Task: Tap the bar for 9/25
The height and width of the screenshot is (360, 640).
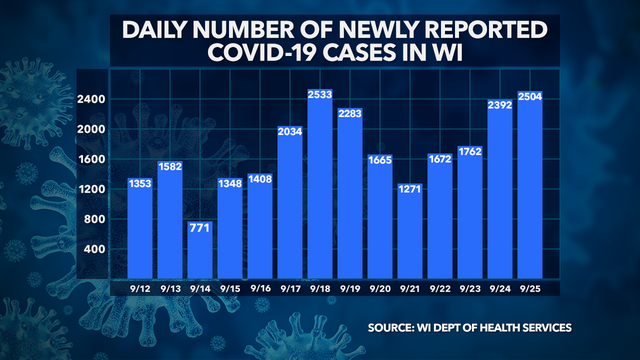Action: [529, 190]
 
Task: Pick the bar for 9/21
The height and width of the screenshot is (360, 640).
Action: [410, 230]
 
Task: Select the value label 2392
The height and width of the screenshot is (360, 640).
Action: [500, 103]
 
